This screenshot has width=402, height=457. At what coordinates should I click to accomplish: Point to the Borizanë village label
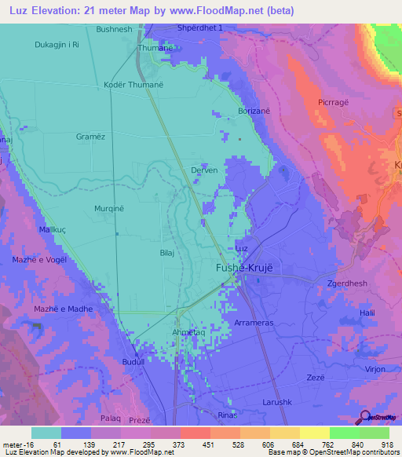(254, 112)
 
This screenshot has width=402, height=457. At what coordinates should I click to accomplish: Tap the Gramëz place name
(91, 135)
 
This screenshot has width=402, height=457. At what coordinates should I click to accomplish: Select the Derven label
(204, 170)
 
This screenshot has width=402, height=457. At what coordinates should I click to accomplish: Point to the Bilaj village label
(166, 254)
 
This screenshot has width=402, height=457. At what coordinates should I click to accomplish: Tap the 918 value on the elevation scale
(386, 444)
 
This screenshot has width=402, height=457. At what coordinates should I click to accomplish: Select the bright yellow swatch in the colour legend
(314, 433)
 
